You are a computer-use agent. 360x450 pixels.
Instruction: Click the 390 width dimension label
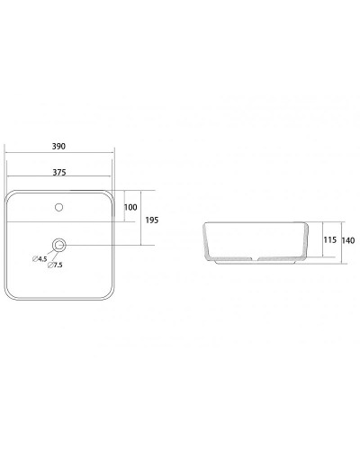pos(60,146)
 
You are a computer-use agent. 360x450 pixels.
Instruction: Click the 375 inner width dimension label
pos(60,171)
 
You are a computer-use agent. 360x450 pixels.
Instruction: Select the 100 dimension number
pos(130,207)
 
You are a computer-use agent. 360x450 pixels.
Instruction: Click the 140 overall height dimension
pos(349,239)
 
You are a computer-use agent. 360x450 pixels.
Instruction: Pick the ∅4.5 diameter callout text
pos(40,259)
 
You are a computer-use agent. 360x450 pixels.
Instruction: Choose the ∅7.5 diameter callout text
pos(57,265)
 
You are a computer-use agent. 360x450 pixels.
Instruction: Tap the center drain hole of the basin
pos(60,244)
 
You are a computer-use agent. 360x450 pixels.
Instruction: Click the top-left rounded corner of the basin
pos(12,195)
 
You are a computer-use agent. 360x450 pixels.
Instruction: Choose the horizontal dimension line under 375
pos(60,178)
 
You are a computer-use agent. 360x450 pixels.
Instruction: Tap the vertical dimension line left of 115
pos(319,241)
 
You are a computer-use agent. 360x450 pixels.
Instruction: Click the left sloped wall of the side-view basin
pos(208,241)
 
